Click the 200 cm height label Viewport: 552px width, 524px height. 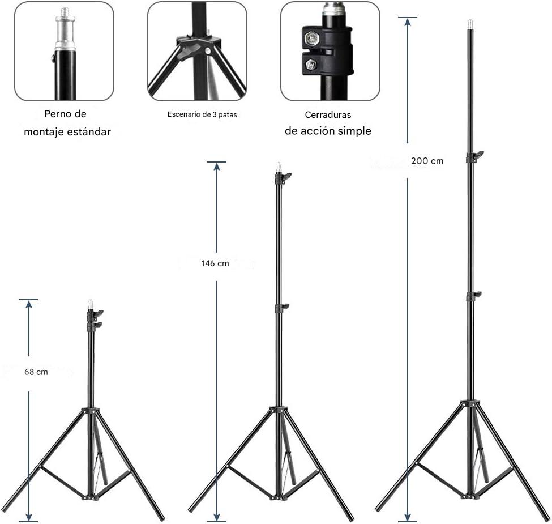coord(427,161)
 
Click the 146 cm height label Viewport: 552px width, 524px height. coord(215,263)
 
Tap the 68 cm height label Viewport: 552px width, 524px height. coord(36,372)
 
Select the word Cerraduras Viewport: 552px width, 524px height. coord(328,115)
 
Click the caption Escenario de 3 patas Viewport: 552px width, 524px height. coord(202,114)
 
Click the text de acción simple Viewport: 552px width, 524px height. coord(328,131)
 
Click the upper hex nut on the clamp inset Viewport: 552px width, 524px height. coord(311,39)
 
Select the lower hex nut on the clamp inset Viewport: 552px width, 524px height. coord(311,65)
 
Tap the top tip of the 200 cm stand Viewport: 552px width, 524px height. coord(469,24)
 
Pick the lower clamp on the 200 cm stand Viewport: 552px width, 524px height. coord(472,296)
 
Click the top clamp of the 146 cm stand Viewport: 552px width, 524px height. coord(281,177)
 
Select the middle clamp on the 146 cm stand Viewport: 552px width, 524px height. coord(280,308)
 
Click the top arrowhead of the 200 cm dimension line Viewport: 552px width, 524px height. coord(408,22)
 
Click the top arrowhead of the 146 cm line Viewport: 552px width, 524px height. coord(217,167)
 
